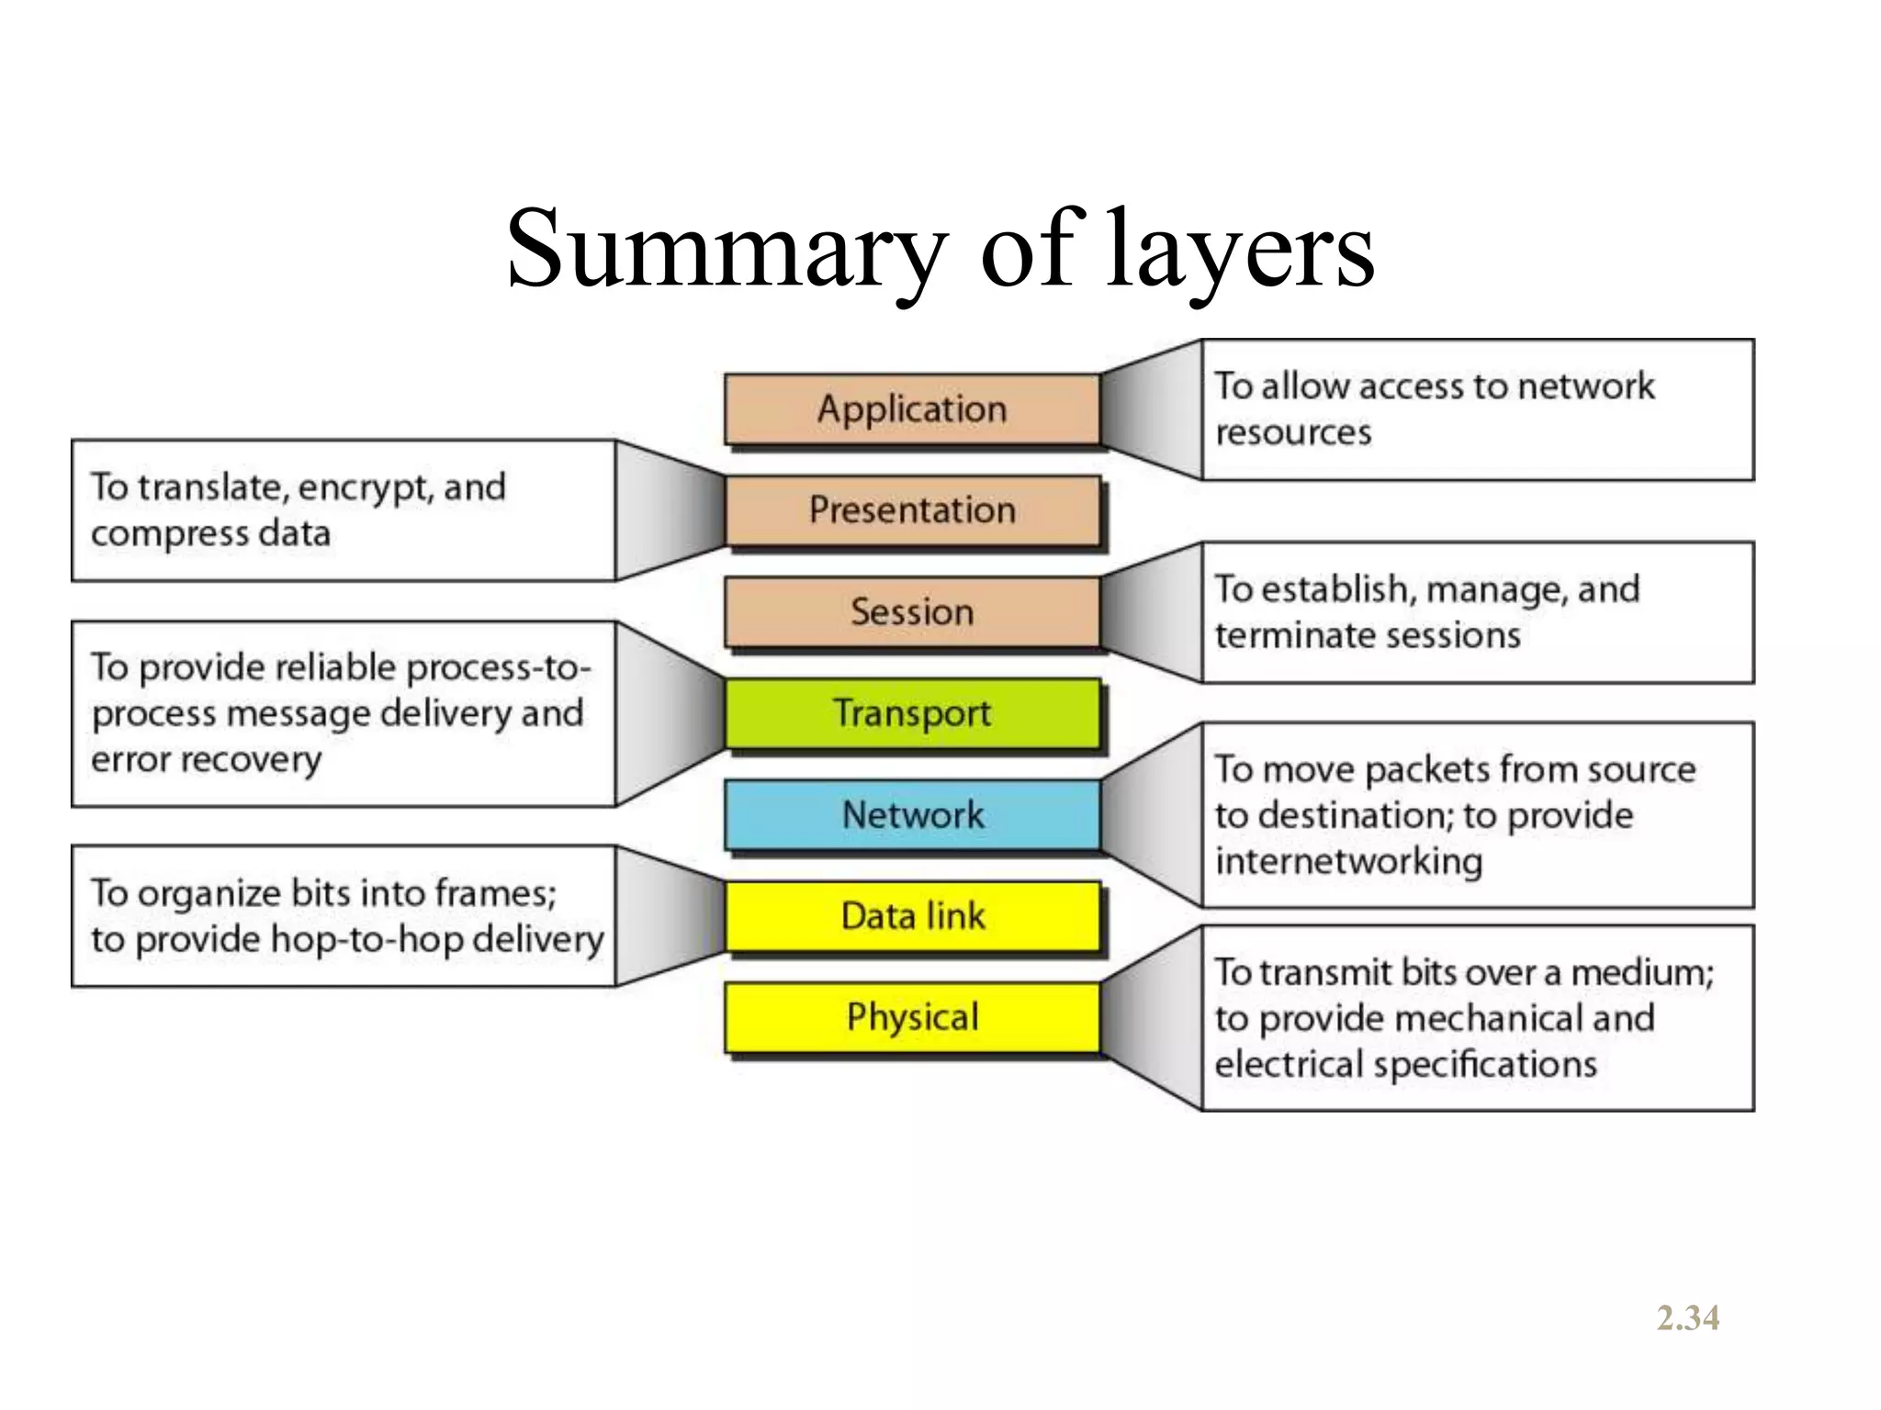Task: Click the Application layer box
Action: pyautogui.click(x=912, y=409)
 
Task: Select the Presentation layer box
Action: pyautogui.click(x=912, y=510)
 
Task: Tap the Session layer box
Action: pyautogui.click(x=912, y=612)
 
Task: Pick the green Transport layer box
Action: pyautogui.click(x=912, y=713)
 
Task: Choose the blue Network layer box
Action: pyautogui.click(x=912, y=815)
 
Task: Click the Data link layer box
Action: pyautogui.click(x=912, y=916)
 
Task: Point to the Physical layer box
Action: pyautogui.click(x=912, y=1017)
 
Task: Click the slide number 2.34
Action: pyautogui.click(x=1688, y=1318)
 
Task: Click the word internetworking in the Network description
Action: pyautogui.click(x=1348, y=861)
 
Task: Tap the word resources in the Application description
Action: pyautogui.click(x=1293, y=432)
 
